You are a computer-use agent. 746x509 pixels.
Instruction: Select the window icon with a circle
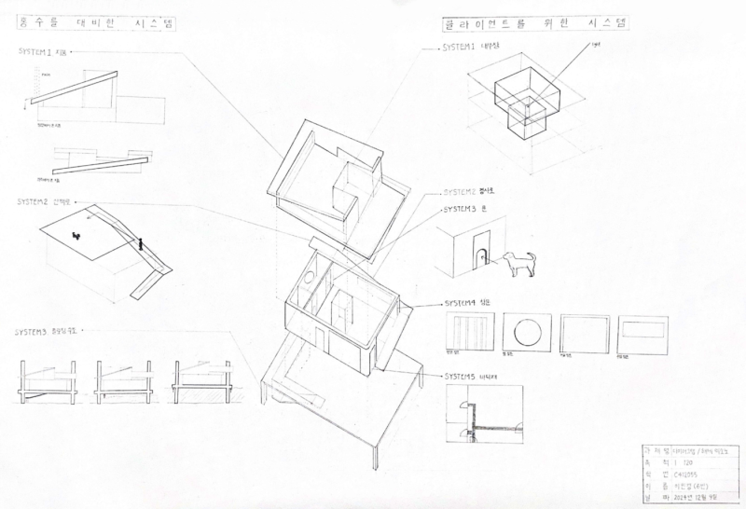coord(527,330)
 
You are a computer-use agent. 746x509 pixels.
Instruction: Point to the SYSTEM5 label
coord(460,377)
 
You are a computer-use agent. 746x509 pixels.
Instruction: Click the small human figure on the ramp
coord(140,245)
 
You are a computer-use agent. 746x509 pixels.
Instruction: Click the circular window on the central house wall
coord(305,277)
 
